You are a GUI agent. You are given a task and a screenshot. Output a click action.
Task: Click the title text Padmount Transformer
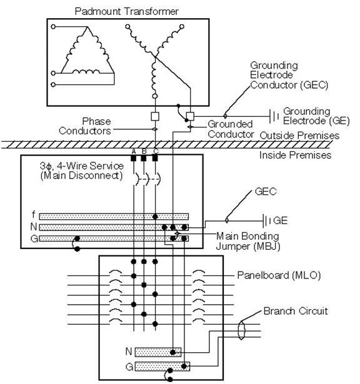pyautogui.click(x=126, y=11)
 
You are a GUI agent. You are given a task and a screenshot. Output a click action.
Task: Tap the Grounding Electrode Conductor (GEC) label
pyautogui.click(x=289, y=75)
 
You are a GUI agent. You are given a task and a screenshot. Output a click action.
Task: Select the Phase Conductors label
pyautogui.click(x=85, y=126)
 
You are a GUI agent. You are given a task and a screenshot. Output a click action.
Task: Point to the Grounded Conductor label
pyautogui.click(x=231, y=129)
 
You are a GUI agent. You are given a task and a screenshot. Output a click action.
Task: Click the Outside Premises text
pyautogui.click(x=299, y=135)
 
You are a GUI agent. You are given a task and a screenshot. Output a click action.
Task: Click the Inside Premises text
pyautogui.click(x=295, y=155)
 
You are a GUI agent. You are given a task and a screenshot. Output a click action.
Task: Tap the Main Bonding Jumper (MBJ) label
pyautogui.click(x=247, y=241)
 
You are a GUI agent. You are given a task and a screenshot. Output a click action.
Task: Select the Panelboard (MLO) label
pyautogui.click(x=279, y=275)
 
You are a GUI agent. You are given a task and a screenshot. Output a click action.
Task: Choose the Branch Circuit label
pyautogui.click(x=296, y=311)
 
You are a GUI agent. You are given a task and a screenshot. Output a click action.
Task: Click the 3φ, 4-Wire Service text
pyautogui.click(x=82, y=166)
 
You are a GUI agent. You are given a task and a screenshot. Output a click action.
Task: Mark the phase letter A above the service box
pyautogui.click(x=134, y=151)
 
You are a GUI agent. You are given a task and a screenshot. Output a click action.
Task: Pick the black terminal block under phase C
pyautogui.click(x=155, y=158)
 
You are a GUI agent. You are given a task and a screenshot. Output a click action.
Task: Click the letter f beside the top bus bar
pyautogui.click(x=34, y=215)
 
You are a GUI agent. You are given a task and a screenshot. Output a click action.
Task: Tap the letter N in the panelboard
pyautogui.click(x=129, y=352)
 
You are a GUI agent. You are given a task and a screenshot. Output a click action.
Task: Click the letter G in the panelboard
pyautogui.click(x=129, y=367)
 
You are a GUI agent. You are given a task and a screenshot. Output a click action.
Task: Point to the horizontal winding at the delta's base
pyautogui.click(x=86, y=72)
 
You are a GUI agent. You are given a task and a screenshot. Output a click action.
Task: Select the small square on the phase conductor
pyautogui.click(x=155, y=117)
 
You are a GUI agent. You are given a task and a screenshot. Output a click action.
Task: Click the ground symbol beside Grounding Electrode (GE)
pyautogui.click(x=274, y=116)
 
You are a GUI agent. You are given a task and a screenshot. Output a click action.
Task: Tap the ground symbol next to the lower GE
pyautogui.click(x=266, y=221)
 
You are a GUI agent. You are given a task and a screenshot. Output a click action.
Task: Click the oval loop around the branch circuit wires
pyautogui.click(x=241, y=330)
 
